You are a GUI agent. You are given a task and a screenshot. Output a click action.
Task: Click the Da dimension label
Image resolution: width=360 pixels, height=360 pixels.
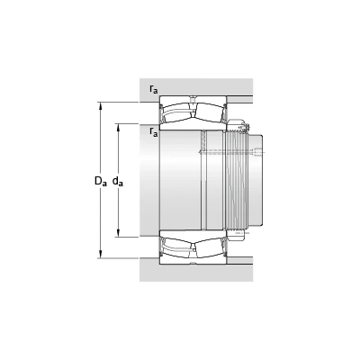pyautogui.click(x=101, y=182)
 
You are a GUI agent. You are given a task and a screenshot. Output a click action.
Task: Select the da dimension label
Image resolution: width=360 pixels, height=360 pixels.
pyautogui.click(x=118, y=182)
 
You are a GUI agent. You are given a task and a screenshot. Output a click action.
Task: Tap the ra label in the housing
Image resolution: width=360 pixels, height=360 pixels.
pyautogui.click(x=153, y=89)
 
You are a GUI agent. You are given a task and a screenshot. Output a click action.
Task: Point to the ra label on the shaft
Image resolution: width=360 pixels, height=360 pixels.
pyautogui.click(x=153, y=132)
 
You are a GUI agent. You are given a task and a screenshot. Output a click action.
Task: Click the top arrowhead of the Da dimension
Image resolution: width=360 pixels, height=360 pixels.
pyautogui.click(x=101, y=106)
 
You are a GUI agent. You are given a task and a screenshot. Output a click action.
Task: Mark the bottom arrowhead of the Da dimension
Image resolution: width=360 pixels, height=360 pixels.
pyautogui.click(x=101, y=255)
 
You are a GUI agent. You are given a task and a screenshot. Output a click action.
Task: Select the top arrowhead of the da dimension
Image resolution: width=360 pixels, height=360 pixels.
pyautogui.click(x=119, y=128)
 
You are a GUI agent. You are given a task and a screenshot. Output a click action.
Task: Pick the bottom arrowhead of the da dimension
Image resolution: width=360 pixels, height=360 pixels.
pyautogui.click(x=119, y=233)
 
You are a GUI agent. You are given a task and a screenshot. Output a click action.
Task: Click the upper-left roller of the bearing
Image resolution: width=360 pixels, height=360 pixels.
pyautogui.click(x=175, y=112)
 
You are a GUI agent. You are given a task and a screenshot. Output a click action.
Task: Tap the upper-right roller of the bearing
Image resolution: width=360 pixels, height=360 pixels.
pyautogui.click(x=210, y=112)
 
